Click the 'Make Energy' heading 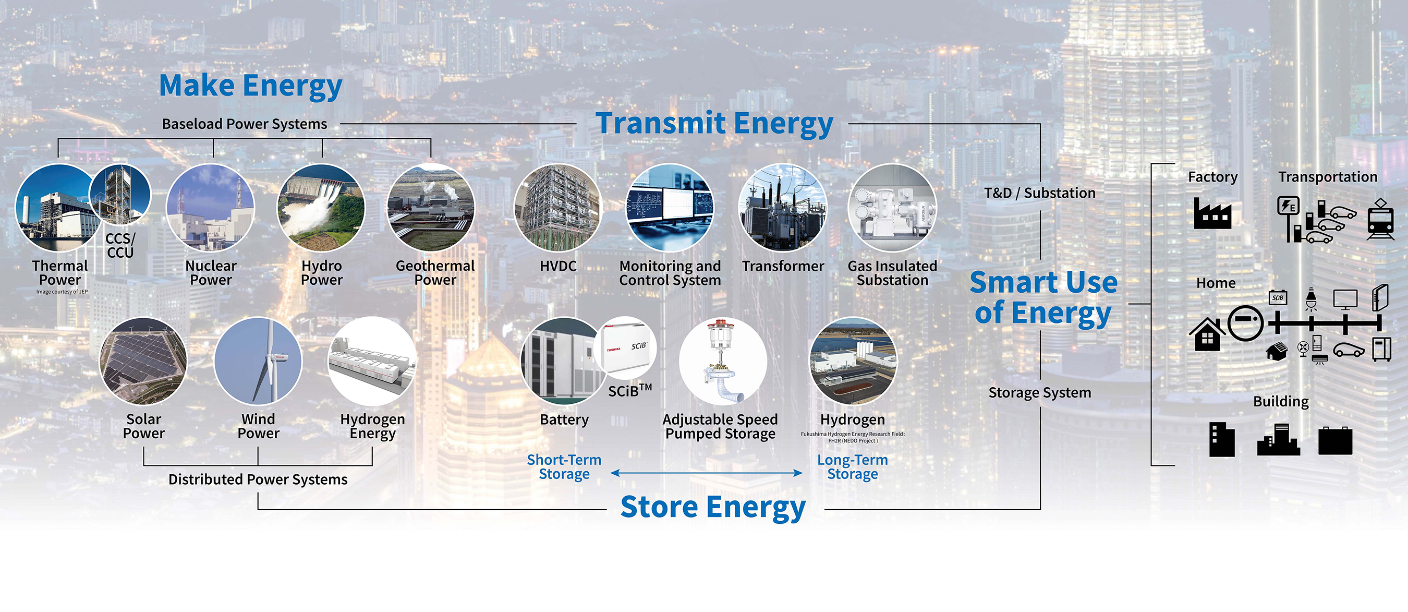coord(251,87)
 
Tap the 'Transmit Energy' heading coord(714,124)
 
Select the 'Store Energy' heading coord(713,507)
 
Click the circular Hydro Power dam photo coord(321,208)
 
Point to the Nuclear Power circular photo coord(211,208)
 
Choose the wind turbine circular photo coord(258,362)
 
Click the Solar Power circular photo coord(143,362)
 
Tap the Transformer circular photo coord(783,208)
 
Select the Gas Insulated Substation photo coord(892,208)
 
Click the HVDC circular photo coord(557,208)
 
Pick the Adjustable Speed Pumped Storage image coord(723,362)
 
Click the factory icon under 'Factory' coord(1212,213)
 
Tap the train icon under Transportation coord(1381,219)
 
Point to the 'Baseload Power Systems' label coord(245,124)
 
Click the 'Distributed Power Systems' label coord(258,479)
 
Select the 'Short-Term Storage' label coord(564,467)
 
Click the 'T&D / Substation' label coord(1040,193)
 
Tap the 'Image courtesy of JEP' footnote coord(62,292)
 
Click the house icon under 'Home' coord(1207,333)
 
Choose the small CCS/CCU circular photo coord(120,195)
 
